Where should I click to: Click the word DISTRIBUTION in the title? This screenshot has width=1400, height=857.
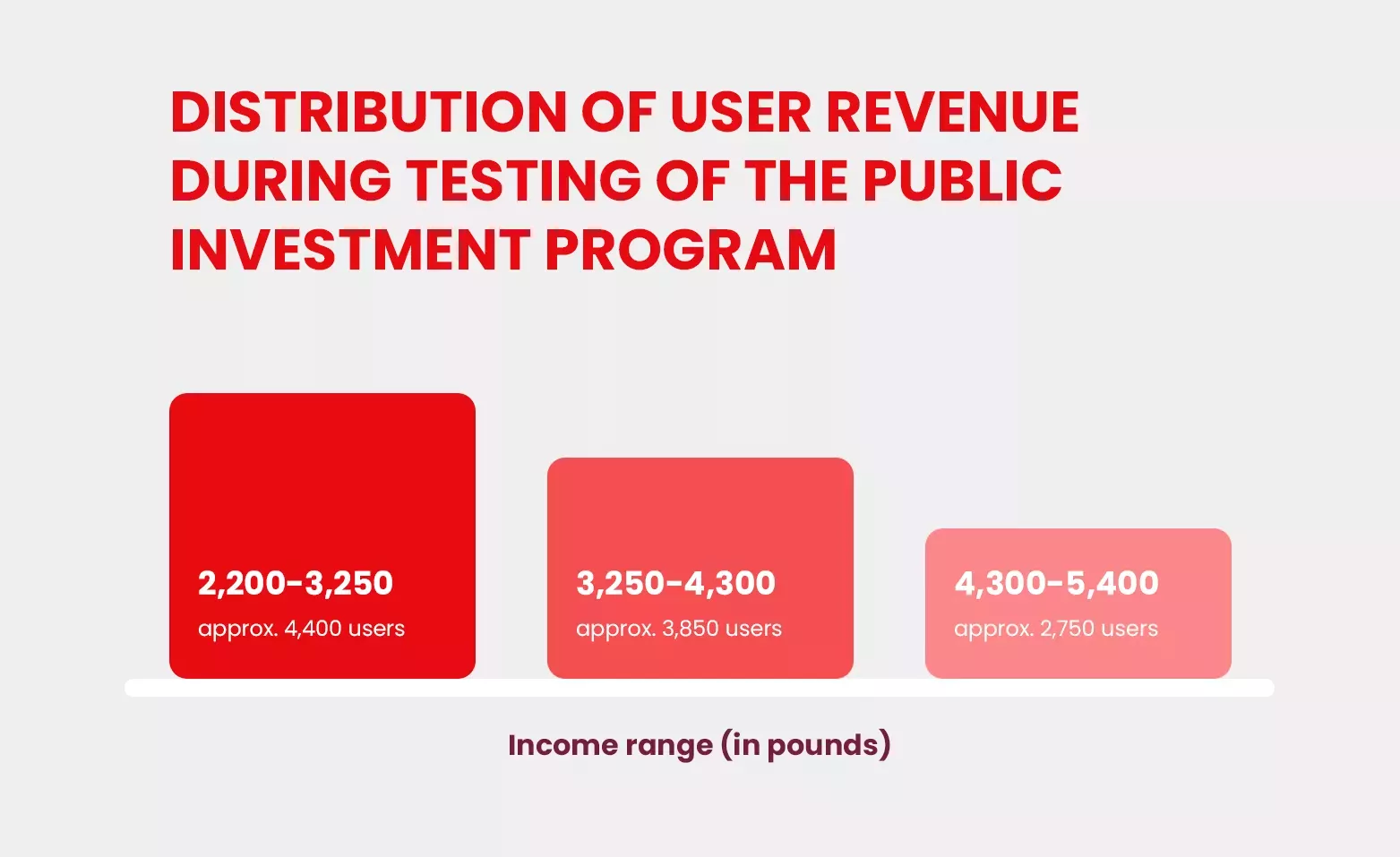(369, 113)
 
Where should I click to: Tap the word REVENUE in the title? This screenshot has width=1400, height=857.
(953, 113)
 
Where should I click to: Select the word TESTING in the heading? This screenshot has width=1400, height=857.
(524, 181)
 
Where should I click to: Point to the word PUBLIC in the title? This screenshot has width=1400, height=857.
(963, 181)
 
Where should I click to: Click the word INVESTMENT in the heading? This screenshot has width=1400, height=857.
(350, 250)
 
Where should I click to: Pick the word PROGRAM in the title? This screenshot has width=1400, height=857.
(691, 250)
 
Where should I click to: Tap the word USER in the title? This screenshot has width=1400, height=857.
(741, 113)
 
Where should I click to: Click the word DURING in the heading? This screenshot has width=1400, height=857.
(281, 181)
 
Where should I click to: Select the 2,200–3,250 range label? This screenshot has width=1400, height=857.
(296, 583)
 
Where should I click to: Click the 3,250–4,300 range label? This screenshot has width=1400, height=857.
(675, 583)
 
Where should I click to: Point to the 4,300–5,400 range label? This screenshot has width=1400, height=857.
(1056, 583)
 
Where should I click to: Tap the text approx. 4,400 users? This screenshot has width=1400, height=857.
(301, 629)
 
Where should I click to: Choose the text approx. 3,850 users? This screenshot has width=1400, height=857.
(679, 629)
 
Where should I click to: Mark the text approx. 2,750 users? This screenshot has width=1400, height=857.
(1056, 629)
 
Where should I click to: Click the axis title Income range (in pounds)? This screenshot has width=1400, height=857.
(700, 745)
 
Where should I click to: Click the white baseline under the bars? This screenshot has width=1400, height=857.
(700, 688)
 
